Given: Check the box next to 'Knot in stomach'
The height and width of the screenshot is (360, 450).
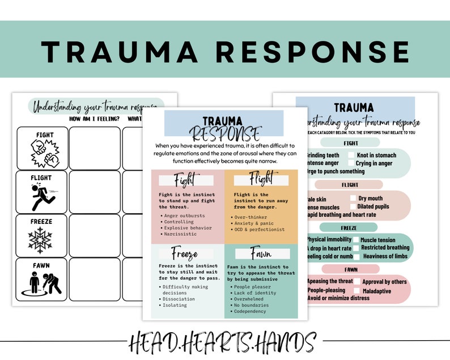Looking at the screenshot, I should pyautogui.click(x=351, y=155).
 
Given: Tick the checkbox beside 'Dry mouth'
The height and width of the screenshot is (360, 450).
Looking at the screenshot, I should pyautogui.click(x=353, y=198).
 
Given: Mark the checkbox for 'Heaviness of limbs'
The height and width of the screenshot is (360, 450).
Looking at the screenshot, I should pyautogui.click(x=356, y=256).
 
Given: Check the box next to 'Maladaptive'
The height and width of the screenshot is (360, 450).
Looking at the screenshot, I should pyautogui.click(x=357, y=290).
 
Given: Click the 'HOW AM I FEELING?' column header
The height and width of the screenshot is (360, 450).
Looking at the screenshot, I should pyautogui.click(x=94, y=118).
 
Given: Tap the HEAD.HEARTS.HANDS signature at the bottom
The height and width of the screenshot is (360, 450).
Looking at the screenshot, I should pyautogui.click(x=225, y=342).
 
